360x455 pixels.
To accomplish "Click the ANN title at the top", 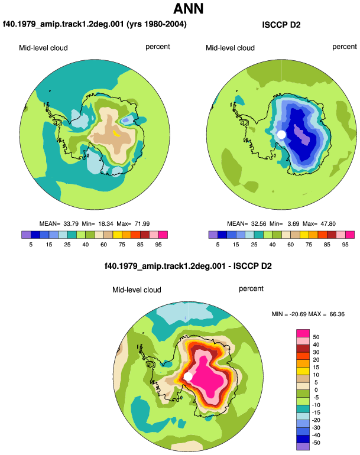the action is point(189,9).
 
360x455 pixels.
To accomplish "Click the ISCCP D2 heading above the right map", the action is point(281,25).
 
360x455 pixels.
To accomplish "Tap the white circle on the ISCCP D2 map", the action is point(281,135).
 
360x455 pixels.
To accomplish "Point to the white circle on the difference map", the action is point(188,376).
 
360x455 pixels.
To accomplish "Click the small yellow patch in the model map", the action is point(116,133).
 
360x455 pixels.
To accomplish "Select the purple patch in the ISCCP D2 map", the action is point(302,135).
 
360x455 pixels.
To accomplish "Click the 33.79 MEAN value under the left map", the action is point(71,224).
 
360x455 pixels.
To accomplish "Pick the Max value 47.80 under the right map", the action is point(328,224).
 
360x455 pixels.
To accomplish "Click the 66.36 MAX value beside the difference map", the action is point(337,314).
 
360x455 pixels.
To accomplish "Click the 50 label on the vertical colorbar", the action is point(316,337).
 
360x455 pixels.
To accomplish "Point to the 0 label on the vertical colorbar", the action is point(316,390).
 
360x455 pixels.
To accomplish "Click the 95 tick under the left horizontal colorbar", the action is point(158,245).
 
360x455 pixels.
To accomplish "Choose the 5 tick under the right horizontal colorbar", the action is point(218,245).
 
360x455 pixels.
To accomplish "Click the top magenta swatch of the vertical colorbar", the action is point(303,333).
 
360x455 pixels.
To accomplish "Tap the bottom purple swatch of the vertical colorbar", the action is point(303,447).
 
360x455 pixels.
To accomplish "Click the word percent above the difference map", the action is point(251,289).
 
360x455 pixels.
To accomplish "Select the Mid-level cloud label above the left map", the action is point(43,48).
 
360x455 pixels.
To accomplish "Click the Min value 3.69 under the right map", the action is point(293,224).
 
